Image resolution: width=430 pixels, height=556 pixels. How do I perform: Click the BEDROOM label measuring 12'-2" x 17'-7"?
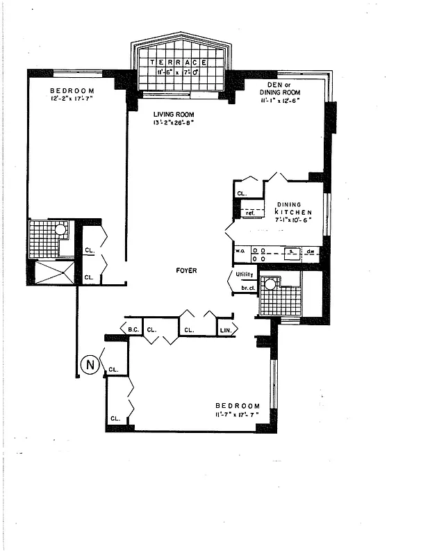72,90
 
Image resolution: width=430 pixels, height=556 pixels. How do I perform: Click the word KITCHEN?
292,211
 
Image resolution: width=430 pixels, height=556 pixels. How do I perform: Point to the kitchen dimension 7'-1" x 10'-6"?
292,220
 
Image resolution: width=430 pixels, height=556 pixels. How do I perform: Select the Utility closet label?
245,275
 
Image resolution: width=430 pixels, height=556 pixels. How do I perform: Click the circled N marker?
88,363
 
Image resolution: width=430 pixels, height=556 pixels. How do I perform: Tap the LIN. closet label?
226,330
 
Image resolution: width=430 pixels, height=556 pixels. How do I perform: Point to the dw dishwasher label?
311,250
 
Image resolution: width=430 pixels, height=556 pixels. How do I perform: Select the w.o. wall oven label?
240,250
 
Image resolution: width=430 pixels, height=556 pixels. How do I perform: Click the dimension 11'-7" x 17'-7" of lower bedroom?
237,415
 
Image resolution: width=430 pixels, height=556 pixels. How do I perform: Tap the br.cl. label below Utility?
246,286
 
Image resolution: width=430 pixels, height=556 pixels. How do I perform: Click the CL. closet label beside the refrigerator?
242,193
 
